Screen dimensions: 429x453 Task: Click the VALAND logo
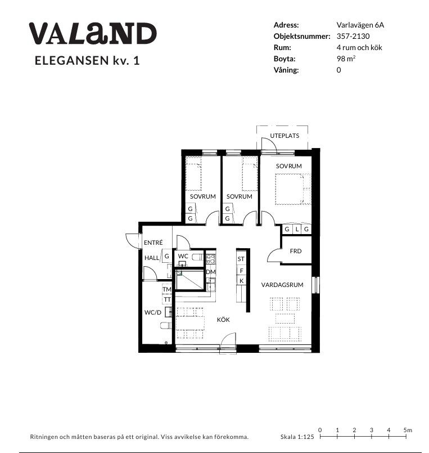tap(93, 34)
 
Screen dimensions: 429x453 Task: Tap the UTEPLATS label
tap(285, 136)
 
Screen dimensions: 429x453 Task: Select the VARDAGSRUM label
tap(282, 285)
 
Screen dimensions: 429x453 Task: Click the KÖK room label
tap(223, 320)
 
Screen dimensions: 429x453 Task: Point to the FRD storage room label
tap(296, 251)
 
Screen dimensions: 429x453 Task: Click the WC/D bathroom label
tap(153, 312)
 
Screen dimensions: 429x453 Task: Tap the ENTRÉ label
tap(153, 243)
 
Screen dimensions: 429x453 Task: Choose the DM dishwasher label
tap(211, 272)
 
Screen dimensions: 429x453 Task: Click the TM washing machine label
tap(167, 289)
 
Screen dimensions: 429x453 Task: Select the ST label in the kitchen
tap(241, 259)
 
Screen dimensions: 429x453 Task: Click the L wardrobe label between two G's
tap(297, 230)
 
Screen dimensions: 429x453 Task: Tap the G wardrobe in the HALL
tap(166, 256)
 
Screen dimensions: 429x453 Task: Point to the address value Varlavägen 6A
tap(360, 25)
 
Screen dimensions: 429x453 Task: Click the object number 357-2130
tap(353, 36)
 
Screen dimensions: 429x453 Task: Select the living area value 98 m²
tap(346, 59)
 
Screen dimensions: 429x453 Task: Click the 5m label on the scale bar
tap(408, 430)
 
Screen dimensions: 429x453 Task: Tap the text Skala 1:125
tap(297, 437)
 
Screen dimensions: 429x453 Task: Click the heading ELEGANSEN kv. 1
tap(87, 61)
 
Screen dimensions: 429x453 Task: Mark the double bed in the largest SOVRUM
tap(293, 189)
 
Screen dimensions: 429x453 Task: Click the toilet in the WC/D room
tap(165, 326)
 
